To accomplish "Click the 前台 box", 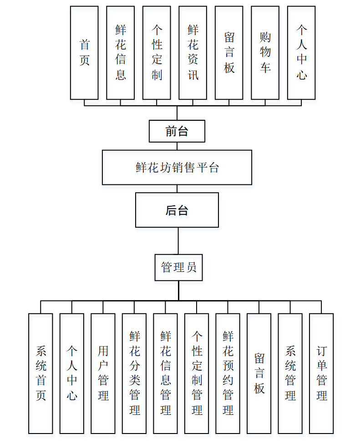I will tap(177, 131).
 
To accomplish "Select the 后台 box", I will tap(177, 210).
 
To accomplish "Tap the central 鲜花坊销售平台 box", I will tap(177, 168).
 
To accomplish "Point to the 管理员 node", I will tap(178, 267).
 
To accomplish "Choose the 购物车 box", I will tap(265, 53).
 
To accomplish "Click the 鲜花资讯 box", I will tap(193, 53).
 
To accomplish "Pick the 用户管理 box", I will tap(103, 373).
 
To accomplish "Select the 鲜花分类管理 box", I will tap(134, 373).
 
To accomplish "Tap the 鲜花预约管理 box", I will tap(228, 373).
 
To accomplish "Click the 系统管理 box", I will tap(290, 373).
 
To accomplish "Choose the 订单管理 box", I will tap(321, 373).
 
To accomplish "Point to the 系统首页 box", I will tap(41, 373).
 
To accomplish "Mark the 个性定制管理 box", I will tap(197, 373).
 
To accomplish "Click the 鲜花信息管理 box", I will tap(165, 373).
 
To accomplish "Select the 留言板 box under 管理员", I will tap(259, 373).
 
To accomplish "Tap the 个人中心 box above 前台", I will tap(301, 53).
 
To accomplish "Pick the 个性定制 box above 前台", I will tap(157, 53).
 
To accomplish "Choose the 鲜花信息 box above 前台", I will tap(121, 53).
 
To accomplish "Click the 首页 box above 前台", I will tap(84, 53).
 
